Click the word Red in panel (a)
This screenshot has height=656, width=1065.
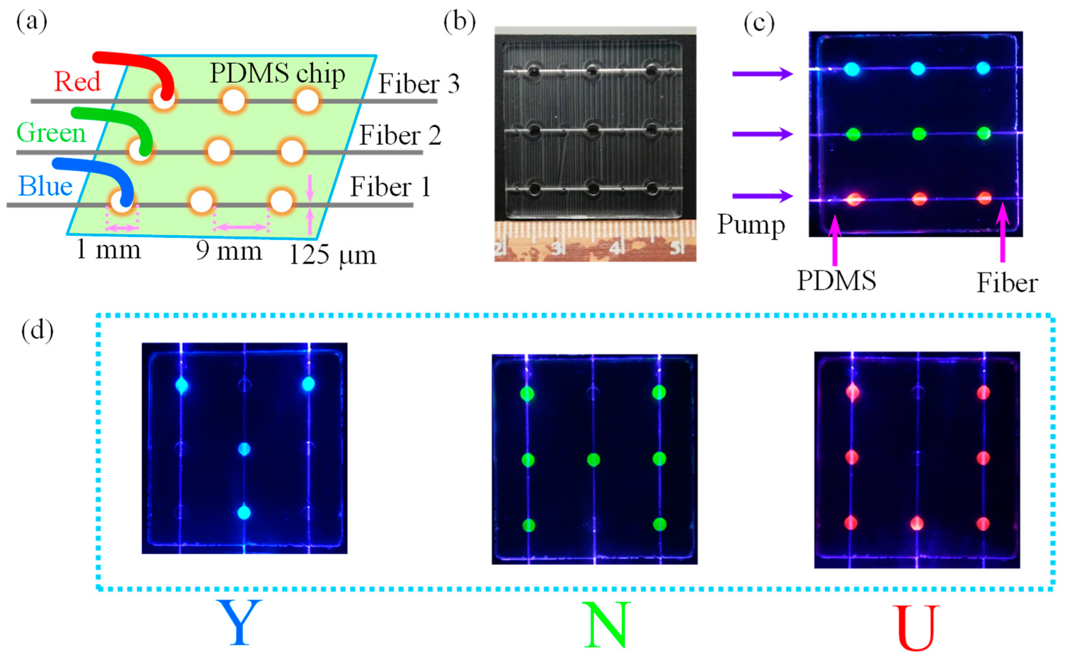click(77, 81)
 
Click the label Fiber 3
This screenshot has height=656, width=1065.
click(418, 84)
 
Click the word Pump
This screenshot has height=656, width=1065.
click(751, 225)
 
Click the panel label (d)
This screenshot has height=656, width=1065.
click(37, 330)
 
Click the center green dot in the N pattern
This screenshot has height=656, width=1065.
click(593, 459)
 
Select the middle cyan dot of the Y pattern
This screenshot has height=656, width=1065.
click(244, 449)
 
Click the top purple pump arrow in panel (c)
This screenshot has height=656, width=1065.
click(762, 74)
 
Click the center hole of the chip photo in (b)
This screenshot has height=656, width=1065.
click(593, 130)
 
